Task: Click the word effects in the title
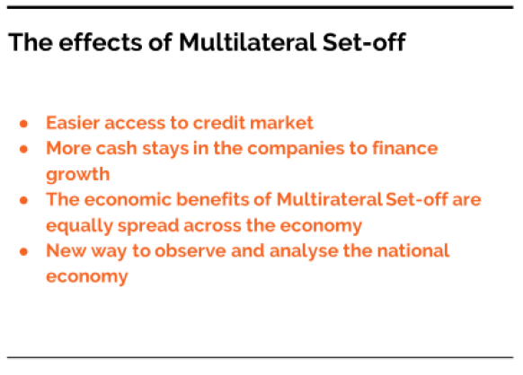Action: tap(101, 42)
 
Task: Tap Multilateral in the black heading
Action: tap(247, 42)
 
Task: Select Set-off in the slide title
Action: tap(364, 42)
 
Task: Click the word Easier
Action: tap(73, 123)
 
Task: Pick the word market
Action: tap(281, 123)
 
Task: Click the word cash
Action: tap(117, 148)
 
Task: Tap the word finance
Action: tap(405, 148)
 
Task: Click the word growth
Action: tap(77, 174)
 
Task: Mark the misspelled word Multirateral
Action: tap(329, 199)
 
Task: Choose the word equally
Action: tap(79, 226)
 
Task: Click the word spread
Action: tap(148, 226)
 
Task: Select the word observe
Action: tap(191, 251)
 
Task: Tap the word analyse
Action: tap(304, 251)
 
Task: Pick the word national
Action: tap(413, 251)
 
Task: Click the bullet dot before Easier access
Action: tap(23, 124)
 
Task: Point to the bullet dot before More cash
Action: tap(23, 149)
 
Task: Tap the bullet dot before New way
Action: tap(23, 252)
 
